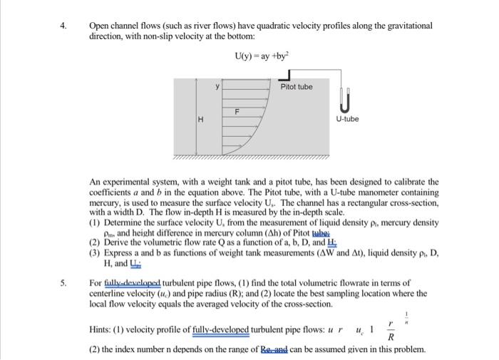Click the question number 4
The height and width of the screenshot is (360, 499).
coord(63,25)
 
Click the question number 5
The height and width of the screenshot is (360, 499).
coord(63,283)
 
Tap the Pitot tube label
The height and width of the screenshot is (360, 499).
coord(296,87)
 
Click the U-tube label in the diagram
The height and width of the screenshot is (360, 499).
coord(347,118)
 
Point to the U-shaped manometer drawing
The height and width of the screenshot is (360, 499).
coord(346,99)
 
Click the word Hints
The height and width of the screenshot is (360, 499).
coord(102,331)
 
